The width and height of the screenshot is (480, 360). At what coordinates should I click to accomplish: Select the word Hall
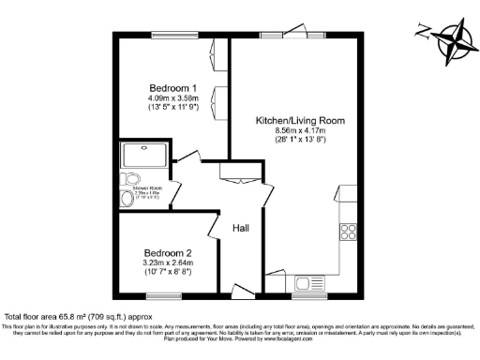[241, 227]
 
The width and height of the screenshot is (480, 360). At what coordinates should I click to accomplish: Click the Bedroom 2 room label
[167, 253]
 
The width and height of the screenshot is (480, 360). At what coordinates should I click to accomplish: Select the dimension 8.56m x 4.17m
[295, 132]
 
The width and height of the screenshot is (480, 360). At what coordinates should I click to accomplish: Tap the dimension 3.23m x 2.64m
[167, 263]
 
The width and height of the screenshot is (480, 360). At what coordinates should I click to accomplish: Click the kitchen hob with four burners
[349, 230]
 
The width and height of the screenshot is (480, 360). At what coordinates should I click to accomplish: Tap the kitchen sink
[307, 283]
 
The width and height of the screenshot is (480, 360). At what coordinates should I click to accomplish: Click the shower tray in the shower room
[142, 154]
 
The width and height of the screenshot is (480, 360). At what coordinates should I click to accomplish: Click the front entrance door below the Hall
[241, 292]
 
